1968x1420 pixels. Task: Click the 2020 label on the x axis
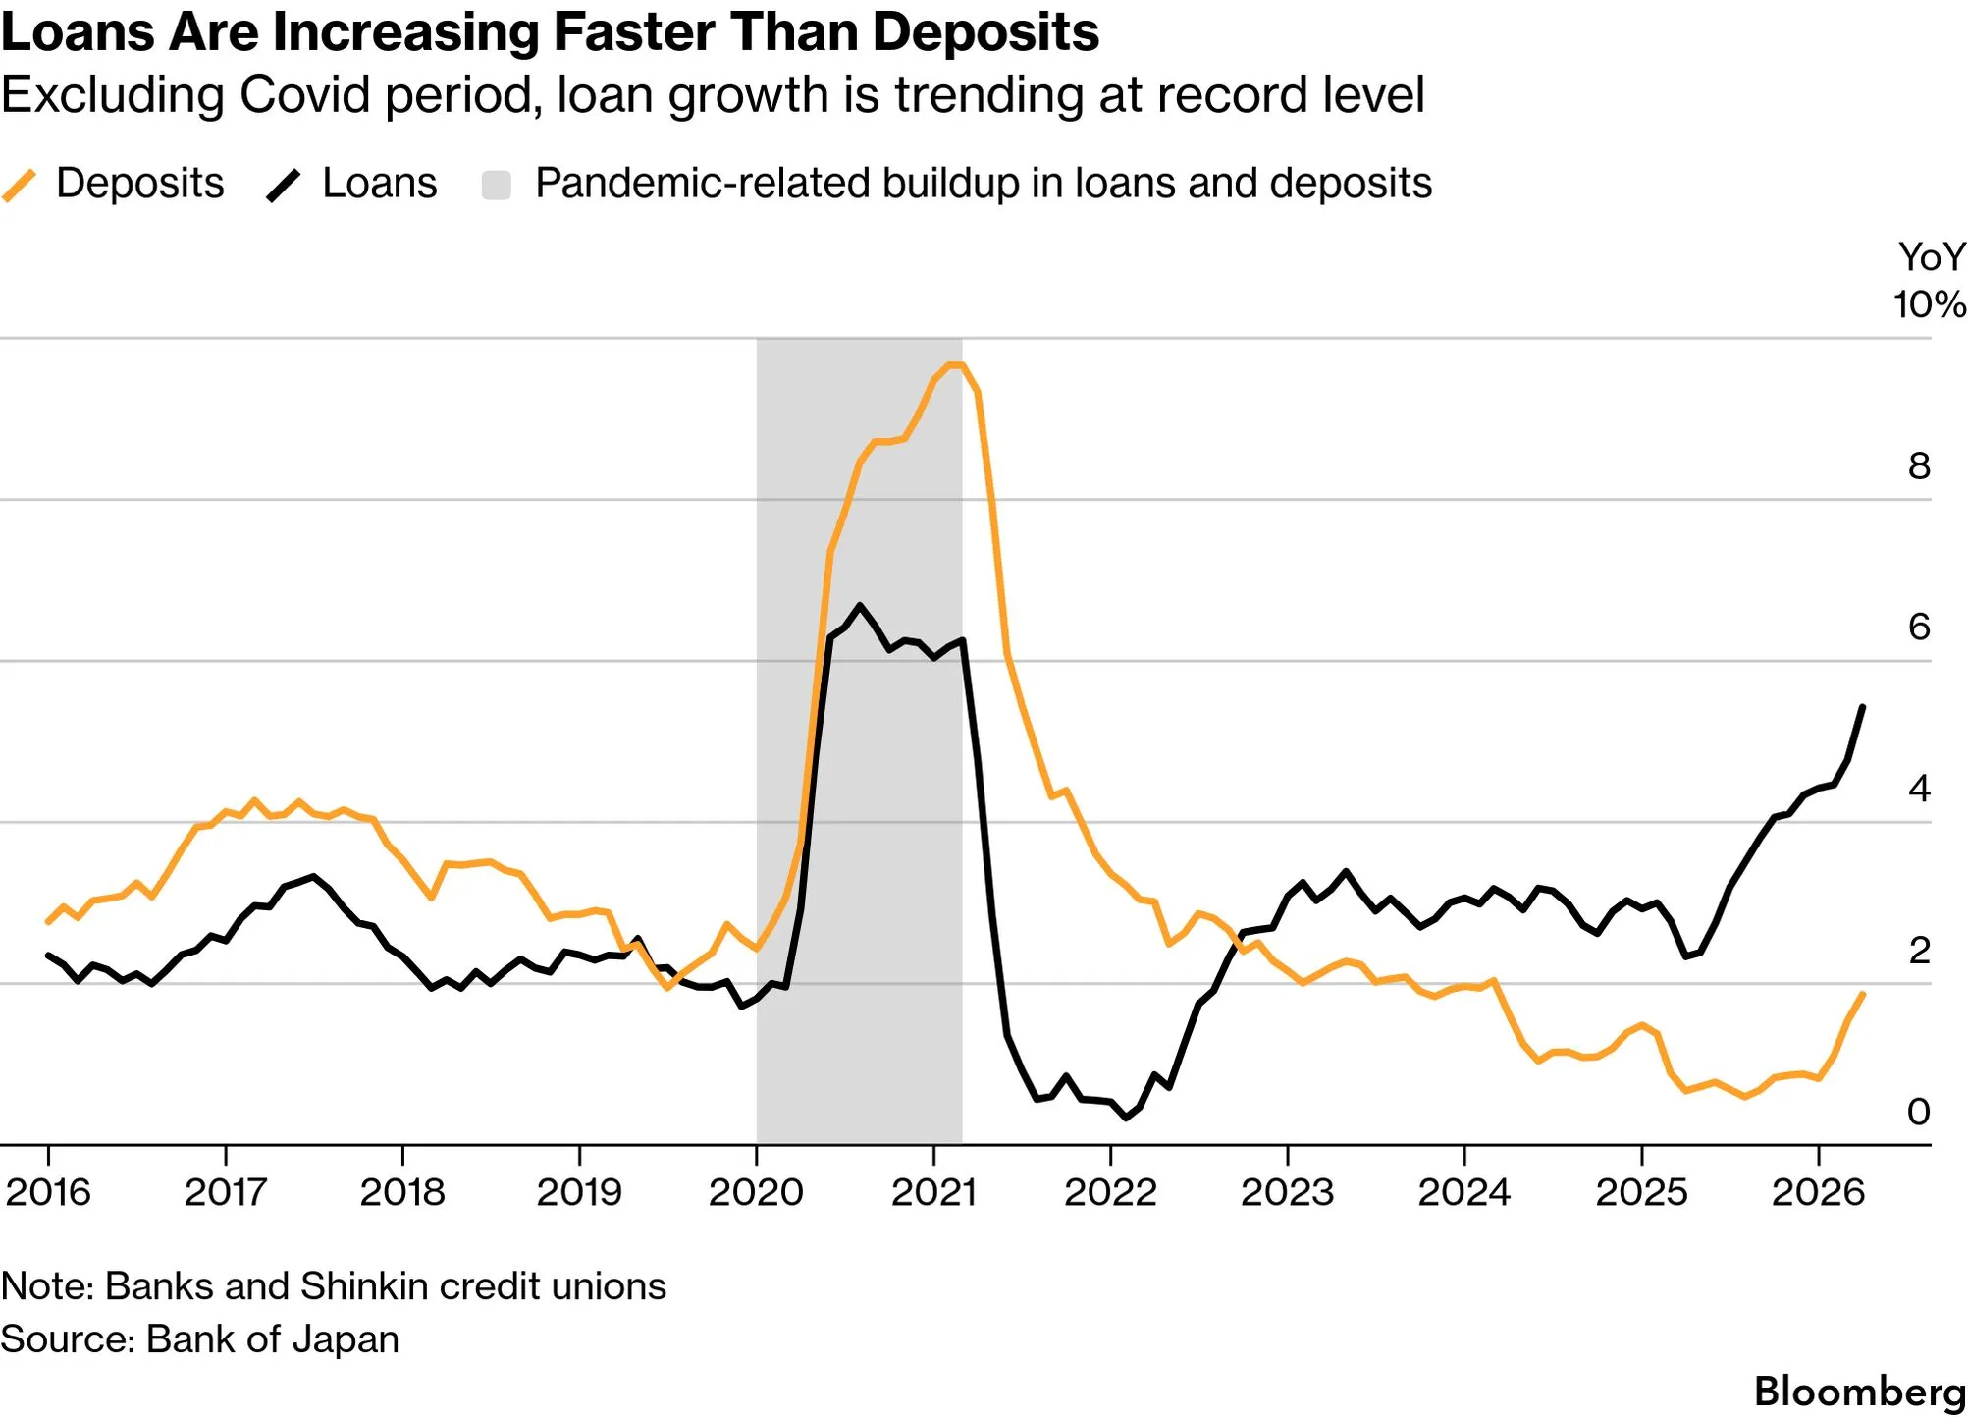click(756, 1192)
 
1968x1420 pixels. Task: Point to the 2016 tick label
click(48, 1192)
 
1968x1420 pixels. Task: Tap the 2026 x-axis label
click(1818, 1192)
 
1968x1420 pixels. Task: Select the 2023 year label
click(1287, 1192)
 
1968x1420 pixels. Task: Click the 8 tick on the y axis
click(1919, 465)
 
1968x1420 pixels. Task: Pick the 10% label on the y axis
click(1930, 304)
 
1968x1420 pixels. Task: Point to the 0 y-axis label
click(1919, 1112)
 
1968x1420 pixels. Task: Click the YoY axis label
click(1932, 257)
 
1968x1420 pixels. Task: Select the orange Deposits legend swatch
click(19, 185)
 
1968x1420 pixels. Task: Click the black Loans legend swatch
click(284, 185)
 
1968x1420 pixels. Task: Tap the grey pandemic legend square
click(497, 185)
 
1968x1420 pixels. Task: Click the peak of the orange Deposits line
click(954, 365)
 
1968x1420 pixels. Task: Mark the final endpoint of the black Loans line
click(1863, 707)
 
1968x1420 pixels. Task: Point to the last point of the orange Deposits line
click(1863, 994)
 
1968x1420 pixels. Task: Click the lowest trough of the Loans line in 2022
click(1126, 1118)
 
